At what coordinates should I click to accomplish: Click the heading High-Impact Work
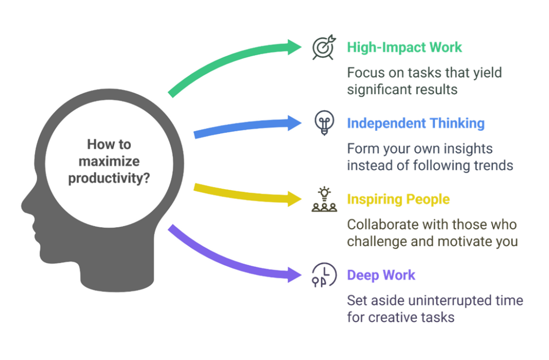click(404, 47)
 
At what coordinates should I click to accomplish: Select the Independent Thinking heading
click(416, 123)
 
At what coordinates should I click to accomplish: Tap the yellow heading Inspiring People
click(398, 199)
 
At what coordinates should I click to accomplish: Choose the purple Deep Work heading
click(381, 275)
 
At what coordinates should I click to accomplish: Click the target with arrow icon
click(324, 48)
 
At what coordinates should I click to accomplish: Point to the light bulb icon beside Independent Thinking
click(324, 123)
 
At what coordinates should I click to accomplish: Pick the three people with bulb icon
click(324, 199)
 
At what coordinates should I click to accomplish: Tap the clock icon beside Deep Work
click(324, 275)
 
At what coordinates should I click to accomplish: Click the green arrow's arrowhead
click(295, 47)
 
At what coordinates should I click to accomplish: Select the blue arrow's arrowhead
click(295, 123)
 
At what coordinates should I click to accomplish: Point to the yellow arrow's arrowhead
click(295, 199)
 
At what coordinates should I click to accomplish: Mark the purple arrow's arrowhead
click(295, 275)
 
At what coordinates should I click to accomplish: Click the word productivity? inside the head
click(109, 178)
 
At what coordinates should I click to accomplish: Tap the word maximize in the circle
click(109, 161)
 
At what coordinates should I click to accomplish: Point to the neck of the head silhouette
click(117, 276)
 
